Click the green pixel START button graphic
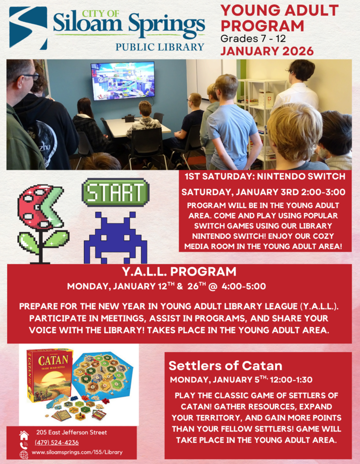click(x=115, y=192)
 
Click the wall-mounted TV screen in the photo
click(x=123, y=80)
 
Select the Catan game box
click(x=49, y=374)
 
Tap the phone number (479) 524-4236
click(x=57, y=443)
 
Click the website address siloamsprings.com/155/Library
click(x=77, y=452)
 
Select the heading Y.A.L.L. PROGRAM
click(x=179, y=272)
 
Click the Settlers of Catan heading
click(x=226, y=366)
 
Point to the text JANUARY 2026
click(x=267, y=51)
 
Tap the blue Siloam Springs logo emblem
click(x=28, y=27)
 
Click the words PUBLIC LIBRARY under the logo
click(x=159, y=47)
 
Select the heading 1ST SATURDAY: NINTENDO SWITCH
click(x=264, y=176)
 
